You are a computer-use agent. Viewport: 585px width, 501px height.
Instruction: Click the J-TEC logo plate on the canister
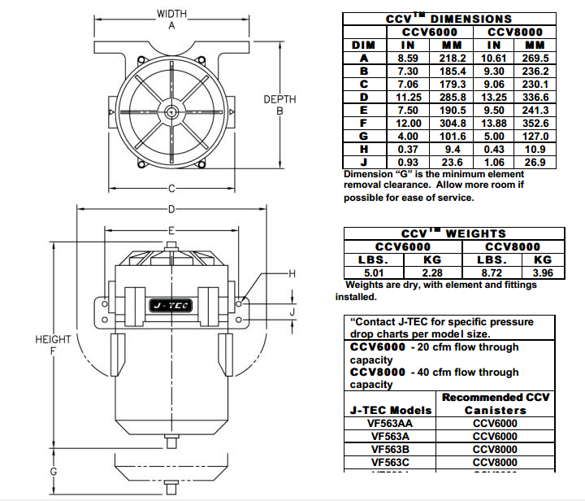click(168, 304)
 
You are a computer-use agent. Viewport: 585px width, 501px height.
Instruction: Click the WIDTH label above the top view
click(171, 14)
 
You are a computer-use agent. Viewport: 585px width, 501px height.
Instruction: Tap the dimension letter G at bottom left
click(53, 472)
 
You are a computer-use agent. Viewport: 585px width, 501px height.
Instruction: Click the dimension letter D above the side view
click(171, 209)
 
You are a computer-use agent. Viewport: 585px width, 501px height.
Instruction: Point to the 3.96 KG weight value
click(536, 272)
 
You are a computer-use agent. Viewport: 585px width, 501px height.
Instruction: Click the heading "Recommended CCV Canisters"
click(495, 403)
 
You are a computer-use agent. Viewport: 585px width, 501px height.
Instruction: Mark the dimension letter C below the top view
click(171, 190)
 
